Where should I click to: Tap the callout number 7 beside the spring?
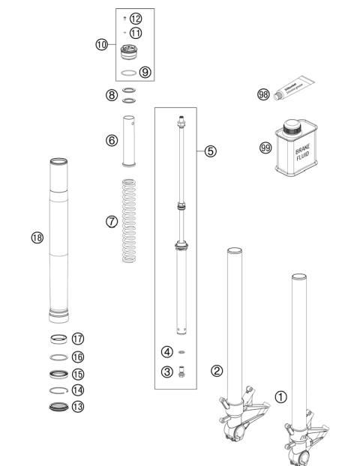112,223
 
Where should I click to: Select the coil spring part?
133,230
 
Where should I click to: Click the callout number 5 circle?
211,151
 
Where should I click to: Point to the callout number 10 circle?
101,44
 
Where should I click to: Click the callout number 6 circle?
112,140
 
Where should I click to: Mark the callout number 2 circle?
216,369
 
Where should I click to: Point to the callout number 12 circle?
135,18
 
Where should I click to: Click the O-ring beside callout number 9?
132,73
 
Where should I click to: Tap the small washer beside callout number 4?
182,351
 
